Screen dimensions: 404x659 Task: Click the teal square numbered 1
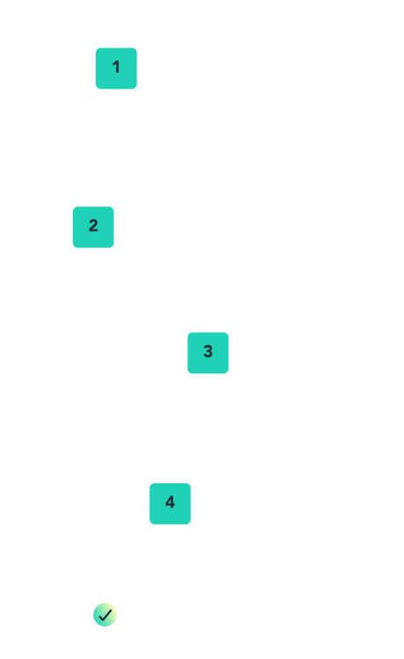pos(116,69)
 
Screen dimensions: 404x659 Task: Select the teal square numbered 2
pos(93,227)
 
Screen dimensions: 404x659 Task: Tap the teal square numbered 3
pos(208,352)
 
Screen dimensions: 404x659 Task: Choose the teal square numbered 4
pos(170,503)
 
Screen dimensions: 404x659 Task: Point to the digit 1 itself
pos(116,67)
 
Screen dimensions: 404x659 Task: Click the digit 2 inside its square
pos(93,226)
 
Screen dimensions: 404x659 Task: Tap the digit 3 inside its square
pos(208,351)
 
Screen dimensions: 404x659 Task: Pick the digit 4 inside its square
pos(170,502)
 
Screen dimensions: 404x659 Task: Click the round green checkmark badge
pos(105,615)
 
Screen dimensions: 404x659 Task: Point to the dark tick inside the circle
pos(105,615)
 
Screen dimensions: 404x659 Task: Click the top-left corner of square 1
pos(97,48)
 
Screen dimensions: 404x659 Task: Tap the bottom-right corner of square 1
pos(136,89)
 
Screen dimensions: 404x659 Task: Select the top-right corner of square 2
pos(113,206)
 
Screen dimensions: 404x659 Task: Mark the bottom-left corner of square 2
pos(73,247)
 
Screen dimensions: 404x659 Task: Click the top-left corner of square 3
pos(188,332)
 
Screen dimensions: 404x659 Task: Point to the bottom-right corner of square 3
pos(228,373)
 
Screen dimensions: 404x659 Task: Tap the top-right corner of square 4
pos(191,483)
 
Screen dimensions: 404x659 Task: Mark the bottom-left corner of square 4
pos(150,524)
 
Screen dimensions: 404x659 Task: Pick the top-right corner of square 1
pos(136,48)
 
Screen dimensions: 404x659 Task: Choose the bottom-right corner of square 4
pos(191,524)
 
